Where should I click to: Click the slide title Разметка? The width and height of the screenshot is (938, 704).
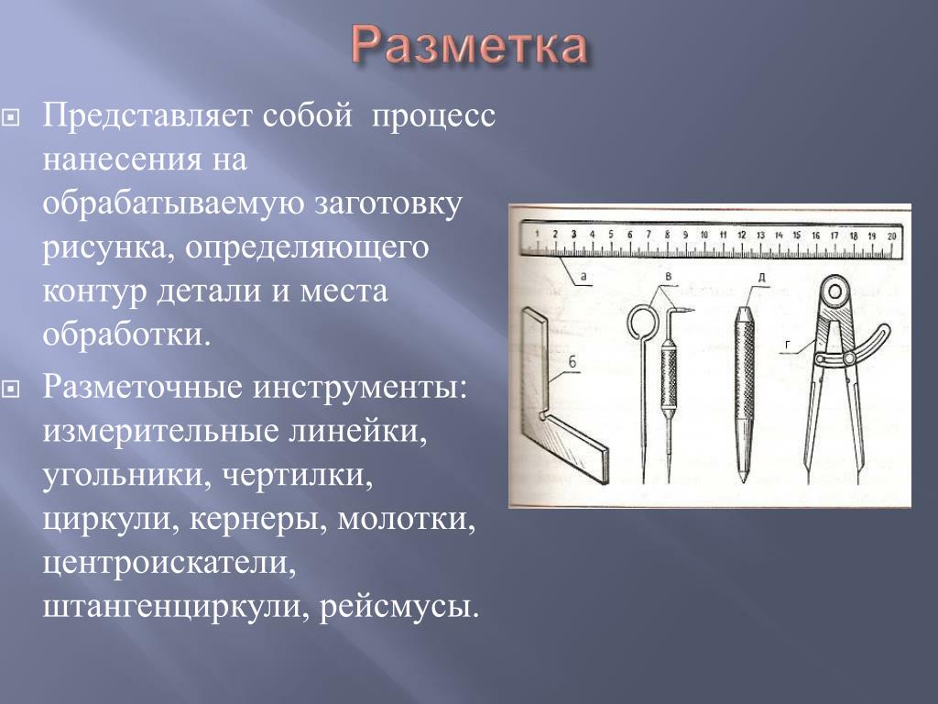tap(468, 46)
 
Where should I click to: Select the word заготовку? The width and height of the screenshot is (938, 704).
tap(388, 203)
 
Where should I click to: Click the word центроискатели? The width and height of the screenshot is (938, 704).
tap(169, 563)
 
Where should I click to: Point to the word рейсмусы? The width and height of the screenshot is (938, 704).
tap(399, 607)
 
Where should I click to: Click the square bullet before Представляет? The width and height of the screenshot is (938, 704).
tap(10, 116)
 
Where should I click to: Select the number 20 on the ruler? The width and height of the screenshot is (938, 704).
tap(891, 236)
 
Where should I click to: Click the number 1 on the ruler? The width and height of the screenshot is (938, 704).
tap(537, 234)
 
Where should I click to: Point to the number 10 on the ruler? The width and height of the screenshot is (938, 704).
tap(704, 235)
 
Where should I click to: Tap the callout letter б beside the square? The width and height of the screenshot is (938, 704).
tap(573, 361)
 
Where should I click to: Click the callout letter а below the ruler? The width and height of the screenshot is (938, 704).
tap(584, 277)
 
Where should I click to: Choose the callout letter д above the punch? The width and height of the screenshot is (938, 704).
tap(761, 278)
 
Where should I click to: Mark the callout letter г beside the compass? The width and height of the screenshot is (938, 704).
tap(788, 345)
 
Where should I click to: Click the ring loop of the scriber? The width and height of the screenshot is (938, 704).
tap(628, 323)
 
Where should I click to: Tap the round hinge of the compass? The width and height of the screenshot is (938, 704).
tap(835, 292)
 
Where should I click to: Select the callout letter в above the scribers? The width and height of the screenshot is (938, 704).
tap(669, 277)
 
